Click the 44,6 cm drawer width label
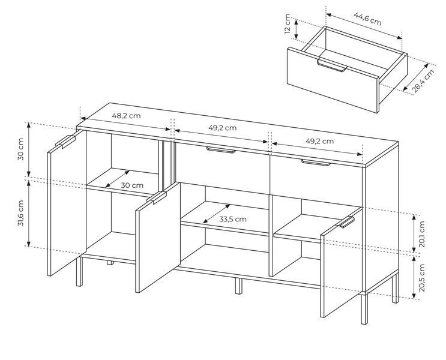[367, 19]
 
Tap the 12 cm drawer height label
[288, 23]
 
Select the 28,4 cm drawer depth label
[424, 81]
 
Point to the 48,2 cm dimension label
[126, 116]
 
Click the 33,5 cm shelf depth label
[233, 219]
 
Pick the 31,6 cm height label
[20, 213]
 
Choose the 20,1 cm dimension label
[422, 234]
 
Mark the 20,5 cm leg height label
[422, 278]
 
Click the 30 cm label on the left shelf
[132, 185]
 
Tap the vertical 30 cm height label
[20, 149]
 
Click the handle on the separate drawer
[332, 66]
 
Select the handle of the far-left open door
[65, 142]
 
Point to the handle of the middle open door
[156, 198]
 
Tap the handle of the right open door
[346, 222]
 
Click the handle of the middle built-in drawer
[221, 150]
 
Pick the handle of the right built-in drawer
[316, 163]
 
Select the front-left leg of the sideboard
[79, 272]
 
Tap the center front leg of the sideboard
[238, 286]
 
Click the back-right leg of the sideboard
[395, 288]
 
